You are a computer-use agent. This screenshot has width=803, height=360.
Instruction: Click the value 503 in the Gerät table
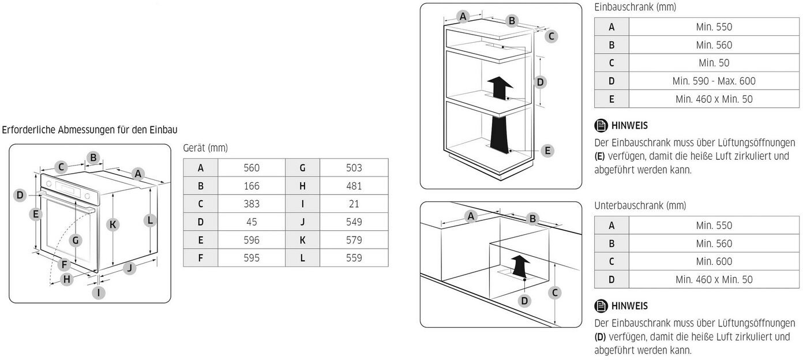point(354,168)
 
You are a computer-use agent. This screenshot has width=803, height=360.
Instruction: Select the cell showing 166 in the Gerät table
point(252,186)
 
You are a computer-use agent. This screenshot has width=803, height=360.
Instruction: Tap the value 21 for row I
point(354,204)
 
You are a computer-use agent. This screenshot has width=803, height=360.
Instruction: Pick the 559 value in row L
point(354,257)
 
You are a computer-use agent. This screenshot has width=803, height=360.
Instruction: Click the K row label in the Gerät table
point(302,239)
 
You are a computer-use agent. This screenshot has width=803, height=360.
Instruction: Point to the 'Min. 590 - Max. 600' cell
point(714,81)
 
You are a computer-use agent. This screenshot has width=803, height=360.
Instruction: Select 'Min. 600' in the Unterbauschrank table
point(714,261)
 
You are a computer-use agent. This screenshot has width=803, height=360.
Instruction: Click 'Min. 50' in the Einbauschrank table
point(714,63)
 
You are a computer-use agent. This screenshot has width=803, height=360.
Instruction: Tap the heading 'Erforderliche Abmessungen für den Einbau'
point(89,130)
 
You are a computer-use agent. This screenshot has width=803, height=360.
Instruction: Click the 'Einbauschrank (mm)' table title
point(635,7)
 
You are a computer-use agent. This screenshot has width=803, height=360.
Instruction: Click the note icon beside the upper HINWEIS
point(601,125)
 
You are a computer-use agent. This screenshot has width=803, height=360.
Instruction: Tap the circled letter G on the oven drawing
point(76,240)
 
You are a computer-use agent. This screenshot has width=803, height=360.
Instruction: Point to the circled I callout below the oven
point(98,292)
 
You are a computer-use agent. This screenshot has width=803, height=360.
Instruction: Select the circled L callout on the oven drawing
point(149,220)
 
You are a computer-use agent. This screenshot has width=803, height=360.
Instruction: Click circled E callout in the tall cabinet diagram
point(547,151)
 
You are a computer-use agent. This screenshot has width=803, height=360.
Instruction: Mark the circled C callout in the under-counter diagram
point(554,292)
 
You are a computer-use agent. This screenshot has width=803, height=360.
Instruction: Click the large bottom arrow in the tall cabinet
point(499,133)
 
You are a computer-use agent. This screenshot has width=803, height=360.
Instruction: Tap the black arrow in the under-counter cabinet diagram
point(521,265)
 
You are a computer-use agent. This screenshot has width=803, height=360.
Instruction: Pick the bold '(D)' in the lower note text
point(600,336)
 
